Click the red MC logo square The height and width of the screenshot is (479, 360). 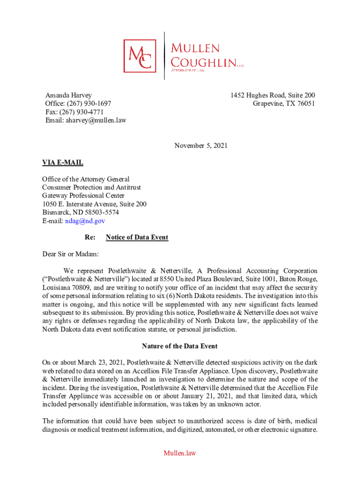click(x=140, y=55)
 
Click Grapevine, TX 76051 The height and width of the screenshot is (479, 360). click(x=284, y=103)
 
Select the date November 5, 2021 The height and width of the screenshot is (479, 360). click(x=201, y=145)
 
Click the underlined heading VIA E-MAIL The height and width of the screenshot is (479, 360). click(x=63, y=162)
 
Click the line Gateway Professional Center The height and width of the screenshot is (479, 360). click(x=83, y=196)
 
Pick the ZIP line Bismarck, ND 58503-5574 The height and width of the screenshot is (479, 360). click(x=80, y=212)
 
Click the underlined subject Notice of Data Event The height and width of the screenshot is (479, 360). click(x=137, y=237)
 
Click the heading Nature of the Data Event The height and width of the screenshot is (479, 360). click(x=180, y=347)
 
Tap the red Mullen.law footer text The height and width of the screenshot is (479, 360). click(x=180, y=453)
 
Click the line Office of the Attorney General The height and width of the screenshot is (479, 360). click(x=86, y=179)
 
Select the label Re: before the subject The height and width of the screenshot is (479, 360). click(x=90, y=237)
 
